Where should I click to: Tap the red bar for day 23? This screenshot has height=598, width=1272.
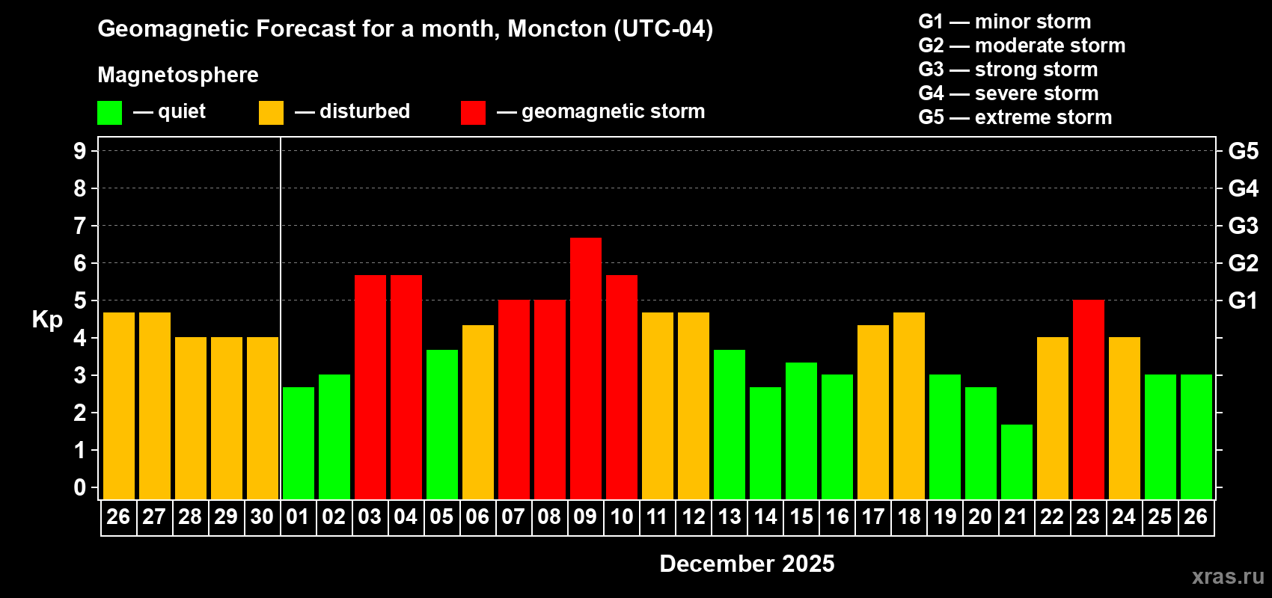coord(1089,399)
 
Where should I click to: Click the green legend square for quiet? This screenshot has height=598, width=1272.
coord(110,113)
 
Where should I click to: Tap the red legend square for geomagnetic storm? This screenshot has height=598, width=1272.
coord(473,113)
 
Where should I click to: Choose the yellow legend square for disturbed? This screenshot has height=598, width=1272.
coord(271,113)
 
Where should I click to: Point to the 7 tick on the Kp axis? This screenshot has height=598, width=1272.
coord(80,226)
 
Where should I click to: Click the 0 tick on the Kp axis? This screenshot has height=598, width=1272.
coord(80,488)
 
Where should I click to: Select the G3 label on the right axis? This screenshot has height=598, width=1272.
coord(1243,226)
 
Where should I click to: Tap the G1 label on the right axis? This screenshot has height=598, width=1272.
coord(1243,300)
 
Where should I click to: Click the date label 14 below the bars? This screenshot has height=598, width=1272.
coord(765,517)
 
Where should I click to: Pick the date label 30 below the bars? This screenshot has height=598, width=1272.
coord(262,517)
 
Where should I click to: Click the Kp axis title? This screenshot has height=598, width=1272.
coord(47,320)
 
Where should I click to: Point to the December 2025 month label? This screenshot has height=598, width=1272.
coord(747,564)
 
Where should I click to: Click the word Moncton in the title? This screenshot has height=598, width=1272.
coord(557,29)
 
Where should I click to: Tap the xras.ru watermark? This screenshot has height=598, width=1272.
coord(1228,576)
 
